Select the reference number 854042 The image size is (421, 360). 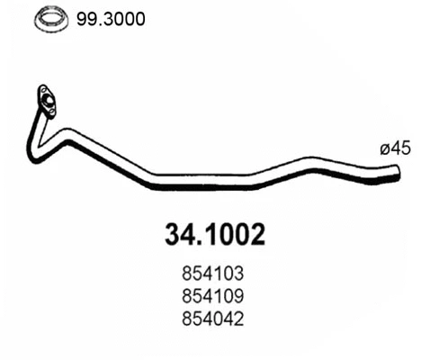tap(213, 319)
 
